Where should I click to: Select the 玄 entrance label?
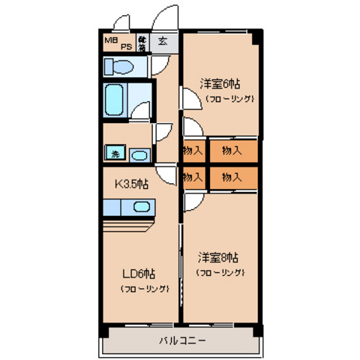coord(162,41)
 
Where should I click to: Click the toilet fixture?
coord(119,68)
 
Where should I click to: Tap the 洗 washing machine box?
coord(115,154)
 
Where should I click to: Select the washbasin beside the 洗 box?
coord(139,155)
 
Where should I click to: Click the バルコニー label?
coord(181,340)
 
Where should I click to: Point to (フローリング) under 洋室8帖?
coord(221,272)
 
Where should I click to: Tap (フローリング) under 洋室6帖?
coord(227,98)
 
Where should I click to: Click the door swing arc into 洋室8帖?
coord(193,201)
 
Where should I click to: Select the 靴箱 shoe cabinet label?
coord(142,41)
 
